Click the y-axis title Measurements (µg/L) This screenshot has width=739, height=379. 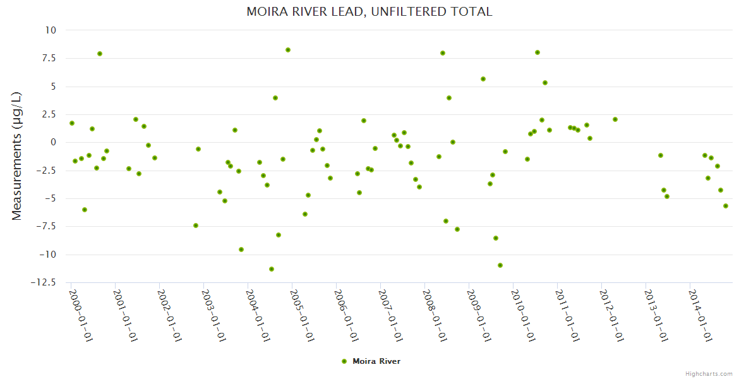point(17,155)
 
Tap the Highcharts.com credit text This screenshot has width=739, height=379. point(709,373)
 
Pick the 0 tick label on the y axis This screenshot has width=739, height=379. point(53,143)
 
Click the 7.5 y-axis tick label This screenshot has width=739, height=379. point(48,58)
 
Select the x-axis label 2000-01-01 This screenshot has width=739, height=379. point(81,315)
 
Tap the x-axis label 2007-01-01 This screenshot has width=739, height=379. point(390,315)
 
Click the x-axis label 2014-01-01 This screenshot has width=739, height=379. point(700,315)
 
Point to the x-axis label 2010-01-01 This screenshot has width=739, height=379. point(523,315)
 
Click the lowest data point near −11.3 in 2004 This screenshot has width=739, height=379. point(272,269)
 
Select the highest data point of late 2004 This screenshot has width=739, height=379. point(288,50)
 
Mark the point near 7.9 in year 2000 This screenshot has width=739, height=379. point(100,54)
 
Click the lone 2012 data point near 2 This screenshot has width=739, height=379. point(615,119)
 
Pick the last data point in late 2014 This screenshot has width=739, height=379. point(726,206)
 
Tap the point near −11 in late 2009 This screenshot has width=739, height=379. point(500,265)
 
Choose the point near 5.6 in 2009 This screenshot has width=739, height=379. point(483,79)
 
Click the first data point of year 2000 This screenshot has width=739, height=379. point(72,123)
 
